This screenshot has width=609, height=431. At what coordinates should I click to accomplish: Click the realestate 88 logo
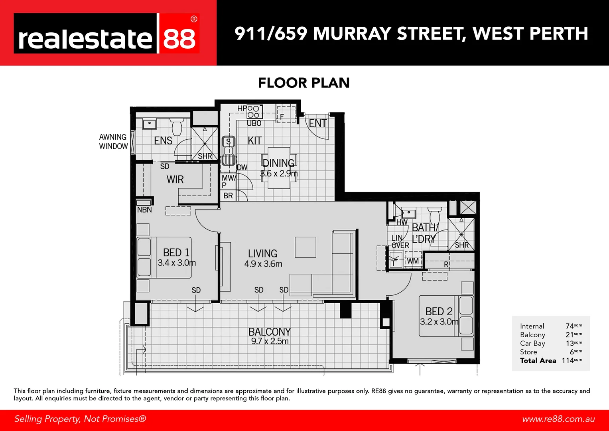[106, 34]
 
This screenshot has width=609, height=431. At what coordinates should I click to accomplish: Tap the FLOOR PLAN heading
[304, 83]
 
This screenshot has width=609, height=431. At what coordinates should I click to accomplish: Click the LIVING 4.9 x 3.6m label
[263, 258]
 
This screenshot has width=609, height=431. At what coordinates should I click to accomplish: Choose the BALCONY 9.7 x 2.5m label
[269, 336]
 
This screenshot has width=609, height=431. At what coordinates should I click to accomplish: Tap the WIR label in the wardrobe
[175, 180]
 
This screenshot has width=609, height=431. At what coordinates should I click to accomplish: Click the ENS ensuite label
[163, 141]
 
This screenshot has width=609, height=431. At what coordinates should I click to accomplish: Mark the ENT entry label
[318, 124]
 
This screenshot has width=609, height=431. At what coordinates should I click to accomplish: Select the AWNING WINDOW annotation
[113, 142]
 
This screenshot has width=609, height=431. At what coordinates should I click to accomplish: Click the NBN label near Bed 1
[144, 210]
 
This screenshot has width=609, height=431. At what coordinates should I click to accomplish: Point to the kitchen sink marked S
[228, 142]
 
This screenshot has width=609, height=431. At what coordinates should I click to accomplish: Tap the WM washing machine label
[413, 261]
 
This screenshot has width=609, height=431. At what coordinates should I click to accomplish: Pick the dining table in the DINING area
[279, 168]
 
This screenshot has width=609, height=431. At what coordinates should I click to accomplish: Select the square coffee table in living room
[305, 247]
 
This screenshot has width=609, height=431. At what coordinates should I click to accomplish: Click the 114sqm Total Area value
[572, 360]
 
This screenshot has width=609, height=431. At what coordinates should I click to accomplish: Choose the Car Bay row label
[532, 343]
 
